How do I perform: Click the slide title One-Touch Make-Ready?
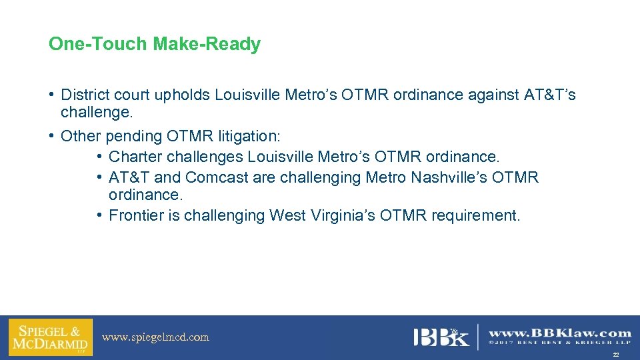(154, 45)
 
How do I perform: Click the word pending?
(133, 137)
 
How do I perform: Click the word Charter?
(135, 157)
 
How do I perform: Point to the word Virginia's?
(342, 216)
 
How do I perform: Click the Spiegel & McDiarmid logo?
(50, 337)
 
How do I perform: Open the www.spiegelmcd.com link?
(155, 337)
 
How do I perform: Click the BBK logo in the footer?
(441, 337)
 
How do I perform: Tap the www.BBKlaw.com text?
(560, 333)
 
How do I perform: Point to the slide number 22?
(616, 355)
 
